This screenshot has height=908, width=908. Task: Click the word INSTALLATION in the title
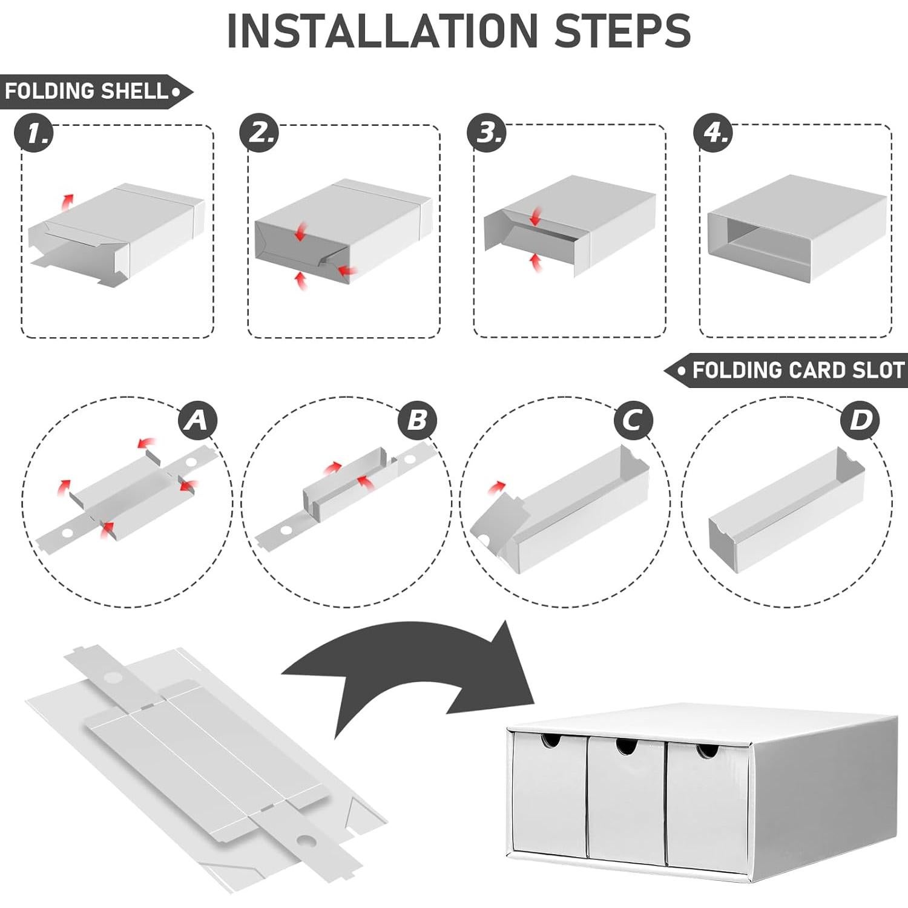click(381, 30)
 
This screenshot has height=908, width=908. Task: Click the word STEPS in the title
click(622, 30)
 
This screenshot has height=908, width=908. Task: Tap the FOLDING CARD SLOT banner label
click(786, 370)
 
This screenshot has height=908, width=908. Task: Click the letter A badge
click(198, 419)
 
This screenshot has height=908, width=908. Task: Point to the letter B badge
click(417, 419)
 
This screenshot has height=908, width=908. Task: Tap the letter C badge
click(633, 419)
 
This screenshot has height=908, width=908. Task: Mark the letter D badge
click(860, 419)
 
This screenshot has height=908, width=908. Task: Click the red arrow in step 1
click(68, 201)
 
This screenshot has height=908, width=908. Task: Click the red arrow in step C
click(498, 486)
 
